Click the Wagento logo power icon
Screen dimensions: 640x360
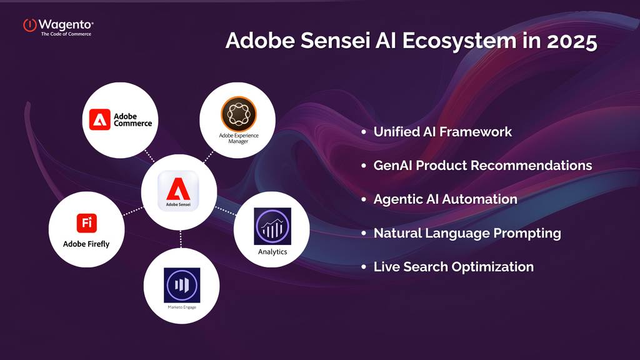tap(30, 25)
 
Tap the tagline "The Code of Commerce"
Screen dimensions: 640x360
tap(66, 34)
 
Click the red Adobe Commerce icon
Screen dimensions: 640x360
tap(99, 119)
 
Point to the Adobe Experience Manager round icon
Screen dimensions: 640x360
tap(239, 114)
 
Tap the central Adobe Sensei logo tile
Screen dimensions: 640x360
tap(178, 191)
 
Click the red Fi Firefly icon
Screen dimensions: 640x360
tap(86, 223)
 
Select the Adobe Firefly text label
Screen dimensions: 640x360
tap(86, 244)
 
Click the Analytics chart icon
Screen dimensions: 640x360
tap(272, 226)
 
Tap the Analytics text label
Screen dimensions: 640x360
tap(272, 252)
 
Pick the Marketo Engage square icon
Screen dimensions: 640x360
tap(182, 285)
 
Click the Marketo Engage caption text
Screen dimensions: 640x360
tap(182, 307)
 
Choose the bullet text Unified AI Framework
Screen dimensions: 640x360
tap(442, 132)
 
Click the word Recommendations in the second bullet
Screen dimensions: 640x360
tap(531, 165)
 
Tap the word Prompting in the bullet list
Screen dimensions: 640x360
tap(527, 234)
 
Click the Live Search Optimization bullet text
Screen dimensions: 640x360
tap(454, 267)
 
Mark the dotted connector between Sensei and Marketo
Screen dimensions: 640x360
tap(181, 239)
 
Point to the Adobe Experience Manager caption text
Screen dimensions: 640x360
tap(239, 138)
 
